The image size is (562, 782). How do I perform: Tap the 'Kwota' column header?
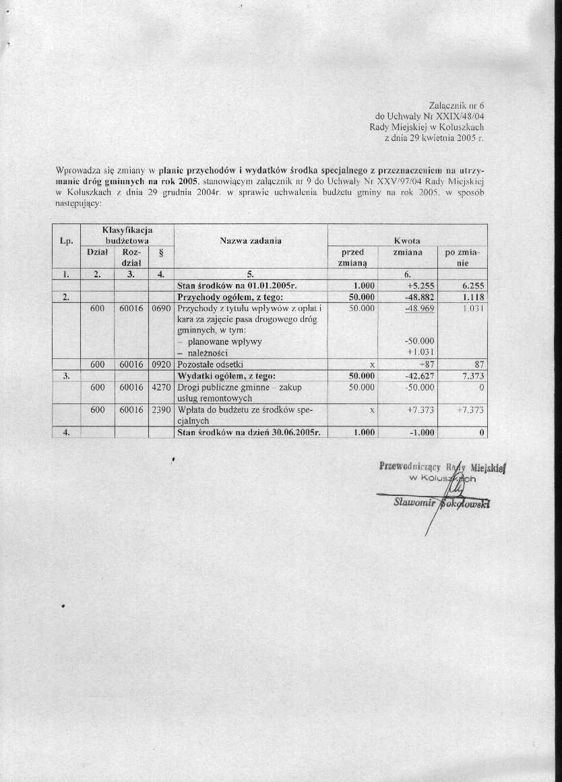[x=407, y=241]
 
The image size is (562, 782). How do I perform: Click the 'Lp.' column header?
[x=66, y=241]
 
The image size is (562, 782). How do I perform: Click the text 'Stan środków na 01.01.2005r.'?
[x=231, y=285]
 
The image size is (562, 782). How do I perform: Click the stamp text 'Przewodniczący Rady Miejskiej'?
[x=442, y=466]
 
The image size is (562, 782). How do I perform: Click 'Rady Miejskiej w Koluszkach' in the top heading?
[x=427, y=126]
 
